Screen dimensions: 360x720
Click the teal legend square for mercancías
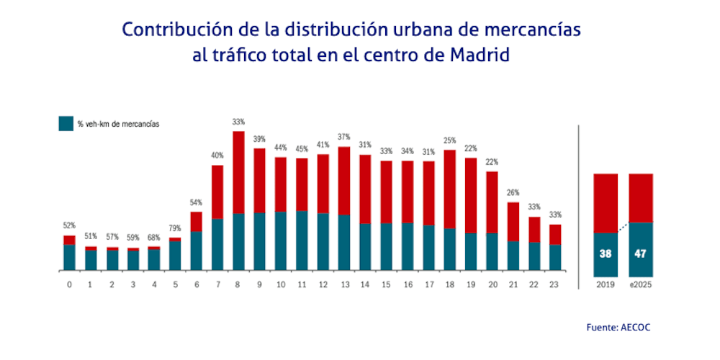pyautogui.click(x=66, y=124)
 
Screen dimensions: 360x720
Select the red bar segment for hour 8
pyautogui.click(x=238, y=172)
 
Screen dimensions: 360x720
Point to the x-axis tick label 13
pyautogui.click(x=344, y=284)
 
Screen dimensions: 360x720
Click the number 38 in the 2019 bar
pyautogui.click(x=605, y=253)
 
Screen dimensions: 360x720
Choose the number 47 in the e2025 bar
pyautogui.click(x=641, y=253)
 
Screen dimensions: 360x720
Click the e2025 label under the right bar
pyautogui.click(x=641, y=285)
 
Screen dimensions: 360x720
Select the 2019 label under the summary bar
pyautogui.click(x=605, y=285)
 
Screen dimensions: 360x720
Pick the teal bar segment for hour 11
pyautogui.click(x=302, y=240)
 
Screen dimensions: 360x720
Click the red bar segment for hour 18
pyautogui.click(x=450, y=189)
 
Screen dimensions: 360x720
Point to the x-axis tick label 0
pyautogui.click(x=69, y=284)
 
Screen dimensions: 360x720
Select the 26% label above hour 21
pyautogui.click(x=514, y=194)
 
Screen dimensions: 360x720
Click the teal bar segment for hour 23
pyautogui.click(x=556, y=257)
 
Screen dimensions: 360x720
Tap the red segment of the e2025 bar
pyautogui.click(x=641, y=198)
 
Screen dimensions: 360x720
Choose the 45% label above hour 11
pyautogui.click(x=302, y=150)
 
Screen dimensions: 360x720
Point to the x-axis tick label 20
pyautogui.click(x=492, y=284)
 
